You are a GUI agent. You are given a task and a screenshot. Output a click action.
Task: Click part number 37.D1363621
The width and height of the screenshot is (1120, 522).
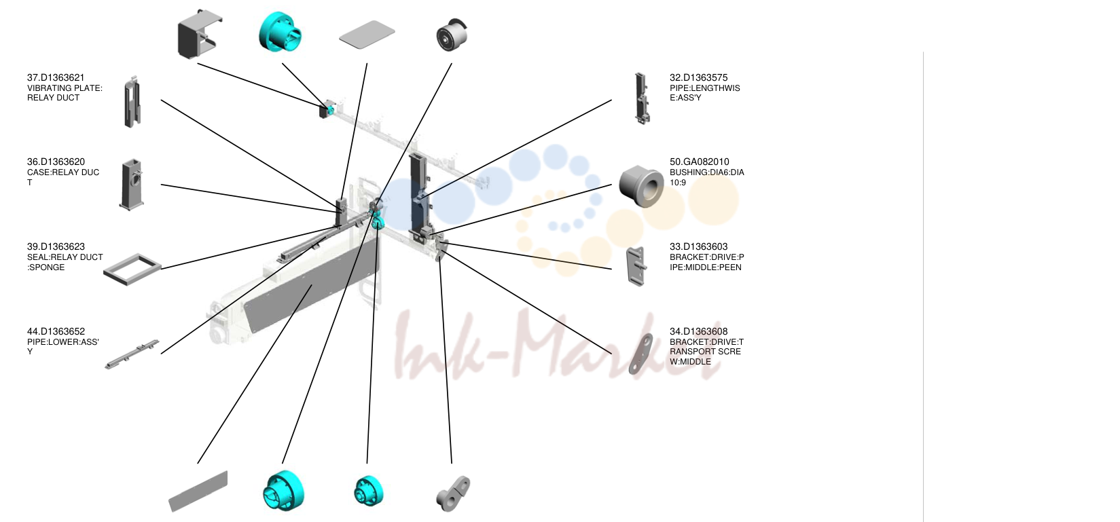56,78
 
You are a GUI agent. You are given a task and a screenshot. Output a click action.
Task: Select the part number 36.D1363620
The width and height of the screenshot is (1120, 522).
56,162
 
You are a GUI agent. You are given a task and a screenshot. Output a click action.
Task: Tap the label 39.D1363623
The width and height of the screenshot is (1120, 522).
56,247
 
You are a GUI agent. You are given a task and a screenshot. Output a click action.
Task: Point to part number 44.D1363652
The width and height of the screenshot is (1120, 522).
56,332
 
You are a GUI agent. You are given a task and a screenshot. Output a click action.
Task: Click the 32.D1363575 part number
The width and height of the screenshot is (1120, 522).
698,78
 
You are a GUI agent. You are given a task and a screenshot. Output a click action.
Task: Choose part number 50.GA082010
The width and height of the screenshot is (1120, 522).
700,162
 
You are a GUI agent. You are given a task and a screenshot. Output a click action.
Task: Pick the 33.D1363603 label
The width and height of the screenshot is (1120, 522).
698,247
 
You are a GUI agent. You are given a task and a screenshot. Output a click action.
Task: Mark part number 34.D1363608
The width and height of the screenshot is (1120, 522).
698,332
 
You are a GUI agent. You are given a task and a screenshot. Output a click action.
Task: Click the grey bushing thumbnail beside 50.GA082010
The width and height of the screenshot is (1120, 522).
641,186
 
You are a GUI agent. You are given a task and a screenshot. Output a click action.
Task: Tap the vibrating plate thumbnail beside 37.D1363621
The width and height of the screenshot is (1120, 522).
132,102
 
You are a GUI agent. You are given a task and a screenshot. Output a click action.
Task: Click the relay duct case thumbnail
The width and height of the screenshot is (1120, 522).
132,185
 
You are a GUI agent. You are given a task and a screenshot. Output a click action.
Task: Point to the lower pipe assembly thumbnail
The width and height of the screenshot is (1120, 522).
132,354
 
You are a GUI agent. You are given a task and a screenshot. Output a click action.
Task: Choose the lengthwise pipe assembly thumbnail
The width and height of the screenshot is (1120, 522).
641,98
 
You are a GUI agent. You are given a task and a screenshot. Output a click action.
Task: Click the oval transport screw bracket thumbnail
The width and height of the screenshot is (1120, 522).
641,354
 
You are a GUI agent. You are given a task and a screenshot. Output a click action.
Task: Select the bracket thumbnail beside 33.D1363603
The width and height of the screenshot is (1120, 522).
636,266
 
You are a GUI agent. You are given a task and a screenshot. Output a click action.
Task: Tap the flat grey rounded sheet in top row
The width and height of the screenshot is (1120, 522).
367,34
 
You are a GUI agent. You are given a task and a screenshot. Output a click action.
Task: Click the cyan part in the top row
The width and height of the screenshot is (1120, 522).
281,31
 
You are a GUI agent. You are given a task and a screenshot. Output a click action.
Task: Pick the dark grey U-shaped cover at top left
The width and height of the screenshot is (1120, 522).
199,34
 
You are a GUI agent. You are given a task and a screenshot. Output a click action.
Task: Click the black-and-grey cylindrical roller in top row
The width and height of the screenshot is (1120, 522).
452,35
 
